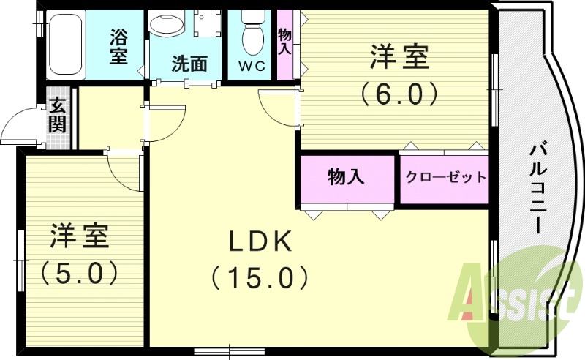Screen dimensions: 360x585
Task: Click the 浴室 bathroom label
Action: tap(118, 45)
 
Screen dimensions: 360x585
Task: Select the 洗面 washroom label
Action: tap(189, 64)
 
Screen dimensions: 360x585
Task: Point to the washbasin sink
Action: tap(167, 25)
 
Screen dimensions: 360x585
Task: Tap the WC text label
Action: tap(251, 66)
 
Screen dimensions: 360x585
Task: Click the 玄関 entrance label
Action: tap(57, 116)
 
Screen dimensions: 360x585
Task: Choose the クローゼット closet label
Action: tap(445, 178)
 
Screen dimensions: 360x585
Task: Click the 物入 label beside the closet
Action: tap(347, 177)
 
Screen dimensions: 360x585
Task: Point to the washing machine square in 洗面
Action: tap(208, 23)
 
